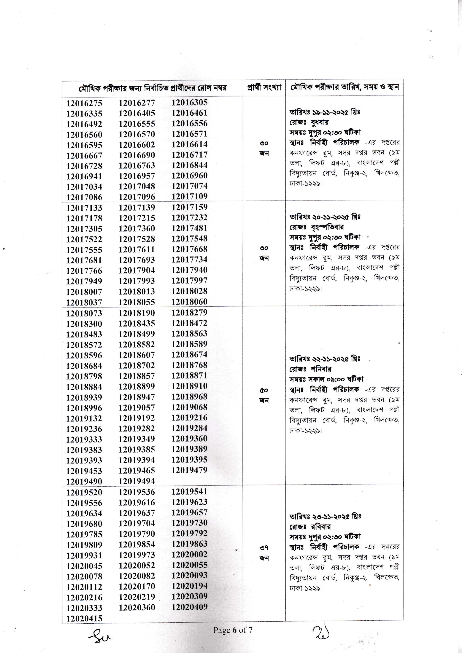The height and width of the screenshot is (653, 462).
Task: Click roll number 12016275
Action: pyautogui.click(x=84, y=103)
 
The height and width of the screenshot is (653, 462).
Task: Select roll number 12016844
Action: pyautogui.click(x=189, y=165)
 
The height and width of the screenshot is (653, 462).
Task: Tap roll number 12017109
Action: pyautogui.click(x=189, y=196)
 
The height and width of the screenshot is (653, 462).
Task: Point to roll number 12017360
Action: pyautogui.click(x=137, y=229)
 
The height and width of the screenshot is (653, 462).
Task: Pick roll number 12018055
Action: pyautogui.click(x=137, y=302)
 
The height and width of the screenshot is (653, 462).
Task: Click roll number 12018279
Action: pyautogui.click(x=189, y=313)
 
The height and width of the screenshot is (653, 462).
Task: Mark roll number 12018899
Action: pyautogui.click(x=137, y=386)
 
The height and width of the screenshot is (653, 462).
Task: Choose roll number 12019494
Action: pyautogui.click(x=137, y=481)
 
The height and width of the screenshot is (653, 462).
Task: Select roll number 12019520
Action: pyautogui.click(x=84, y=492)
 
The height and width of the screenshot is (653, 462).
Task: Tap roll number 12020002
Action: pyautogui.click(x=189, y=555)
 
